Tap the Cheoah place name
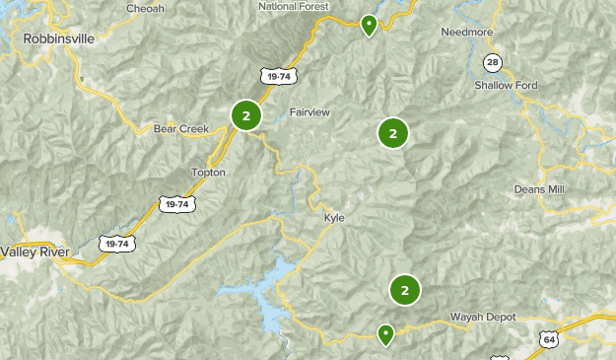pyautogui.click(x=145, y=9)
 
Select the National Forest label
pyautogui.click(x=292, y=6)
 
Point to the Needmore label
pyautogui.click(x=465, y=31)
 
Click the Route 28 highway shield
pyautogui.click(x=491, y=63)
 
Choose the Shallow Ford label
pyautogui.click(x=507, y=86)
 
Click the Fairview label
pyautogui.click(x=309, y=112)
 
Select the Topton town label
pyautogui.click(x=208, y=173)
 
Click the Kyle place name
pyautogui.click(x=334, y=218)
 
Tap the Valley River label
pyautogui.click(x=35, y=252)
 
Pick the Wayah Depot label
pyautogui.click(x=483, y=317)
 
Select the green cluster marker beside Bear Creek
pyautogui.click(x=246, y=115)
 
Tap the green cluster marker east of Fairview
pyautogui.click(x=392, y=133)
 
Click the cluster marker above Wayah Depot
pyautogui.click(x=404, y=290)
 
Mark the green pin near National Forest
pyautogui.click(x=369, y=24)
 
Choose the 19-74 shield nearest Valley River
pyautogui.click(x=116, y=243)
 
